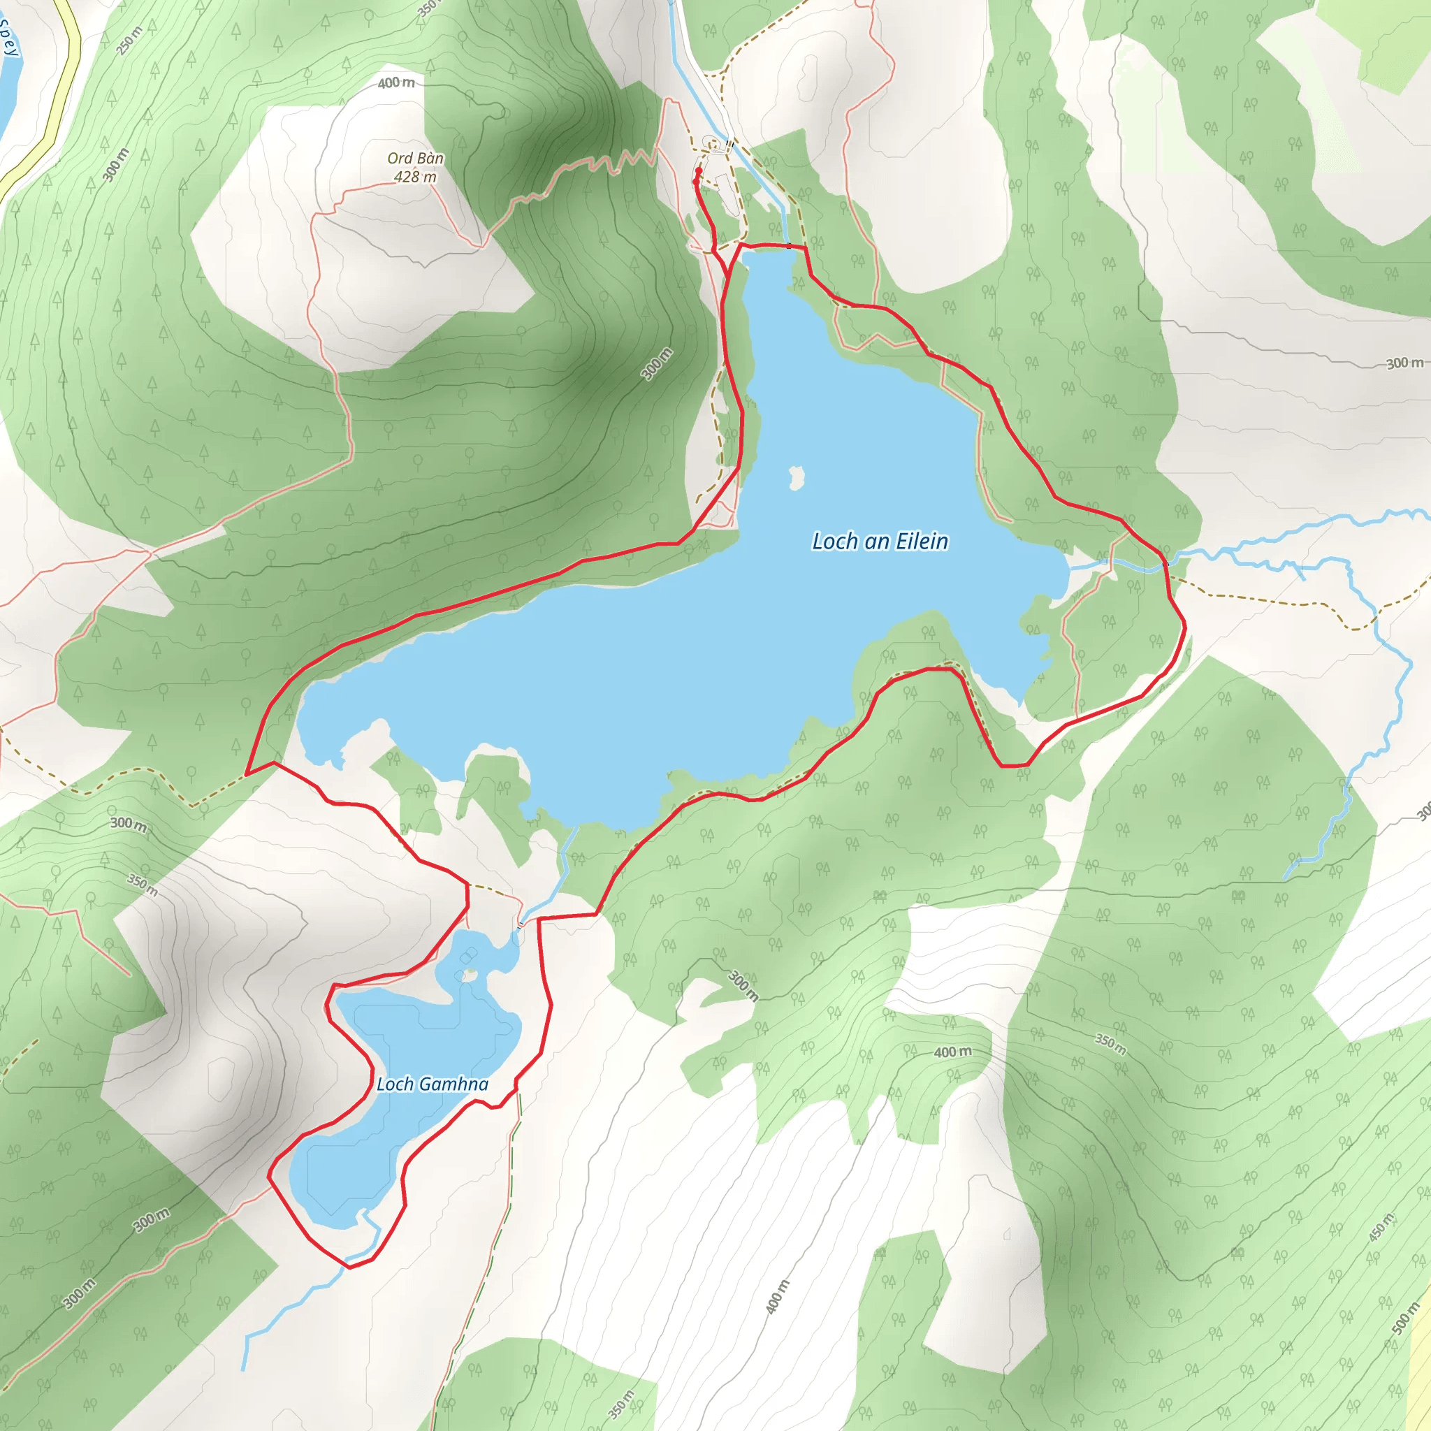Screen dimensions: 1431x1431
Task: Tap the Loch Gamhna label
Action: point(433,1084)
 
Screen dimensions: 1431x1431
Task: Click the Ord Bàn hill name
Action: point(416,158)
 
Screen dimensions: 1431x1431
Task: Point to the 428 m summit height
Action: point(415,176)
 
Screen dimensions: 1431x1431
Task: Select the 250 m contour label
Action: point(130,40)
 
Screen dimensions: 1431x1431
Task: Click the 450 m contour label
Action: point(1381,1227)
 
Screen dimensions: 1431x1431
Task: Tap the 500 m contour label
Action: point(1405,1318)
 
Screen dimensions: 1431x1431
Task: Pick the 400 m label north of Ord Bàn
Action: point(396,83)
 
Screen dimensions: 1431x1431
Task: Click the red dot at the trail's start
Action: point(698,171)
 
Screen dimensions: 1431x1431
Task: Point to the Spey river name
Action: point(9,37)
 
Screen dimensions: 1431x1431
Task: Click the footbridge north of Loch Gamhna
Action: point(521,924)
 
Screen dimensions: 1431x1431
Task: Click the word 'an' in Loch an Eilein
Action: point(875,542)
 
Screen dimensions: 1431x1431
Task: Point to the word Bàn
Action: point(430,158)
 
